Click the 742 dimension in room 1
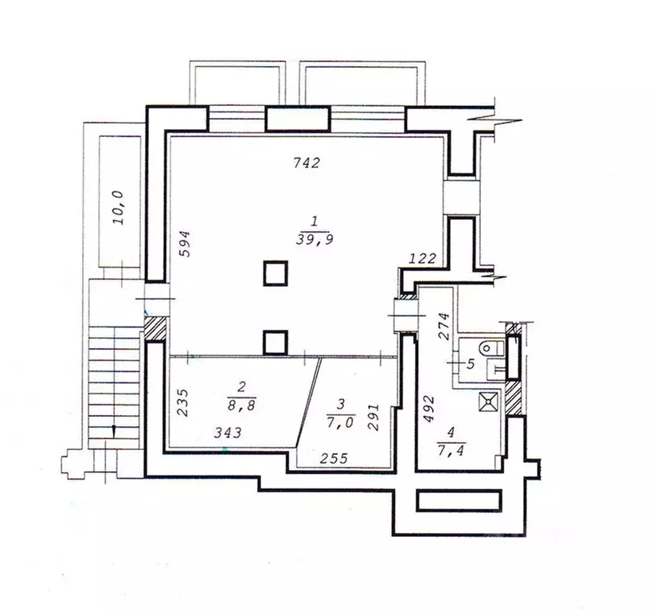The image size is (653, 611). pos(307,163)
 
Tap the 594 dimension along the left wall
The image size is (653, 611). pos(185,244)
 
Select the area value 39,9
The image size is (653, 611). pos(315,240)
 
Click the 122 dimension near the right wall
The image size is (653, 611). pos(422,259)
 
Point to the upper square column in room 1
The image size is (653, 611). pos(276,273)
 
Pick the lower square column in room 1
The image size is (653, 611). pos(276,343)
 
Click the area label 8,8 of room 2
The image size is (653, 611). pos(241,405)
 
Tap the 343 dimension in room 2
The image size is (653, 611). pos(228,433)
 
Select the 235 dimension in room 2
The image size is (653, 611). pos(183,403)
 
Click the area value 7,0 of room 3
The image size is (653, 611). pos(340,423)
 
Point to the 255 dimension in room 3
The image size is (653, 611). pos(334,459)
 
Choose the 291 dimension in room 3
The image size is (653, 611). pos(373,417)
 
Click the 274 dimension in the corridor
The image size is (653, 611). pos(444,327)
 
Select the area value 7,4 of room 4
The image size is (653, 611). pos(452,450)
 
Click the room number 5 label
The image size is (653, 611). pos(470,364)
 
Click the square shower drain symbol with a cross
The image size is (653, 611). pos(487,401)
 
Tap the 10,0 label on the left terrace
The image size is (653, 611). pos(119,207)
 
